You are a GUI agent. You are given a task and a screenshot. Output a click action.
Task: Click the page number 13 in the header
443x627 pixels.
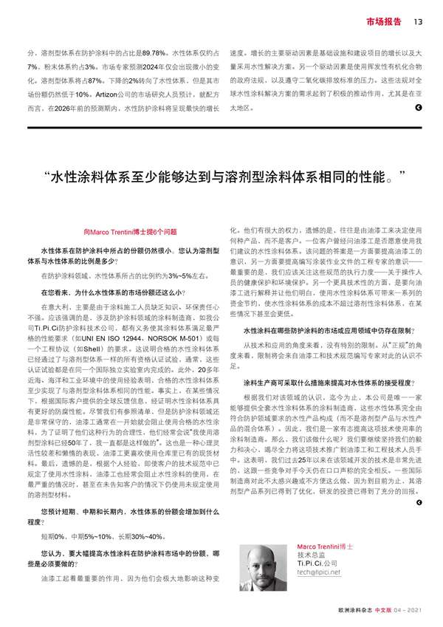(417, 20)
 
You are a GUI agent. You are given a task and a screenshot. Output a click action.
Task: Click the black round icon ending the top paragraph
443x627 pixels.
(419, 109)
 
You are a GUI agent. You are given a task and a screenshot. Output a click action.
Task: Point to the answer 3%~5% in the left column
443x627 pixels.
(180, 275)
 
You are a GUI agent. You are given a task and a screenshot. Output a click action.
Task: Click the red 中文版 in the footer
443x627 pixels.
(384, 611)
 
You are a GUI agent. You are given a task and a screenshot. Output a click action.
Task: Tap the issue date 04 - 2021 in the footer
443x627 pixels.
(408, 611)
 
